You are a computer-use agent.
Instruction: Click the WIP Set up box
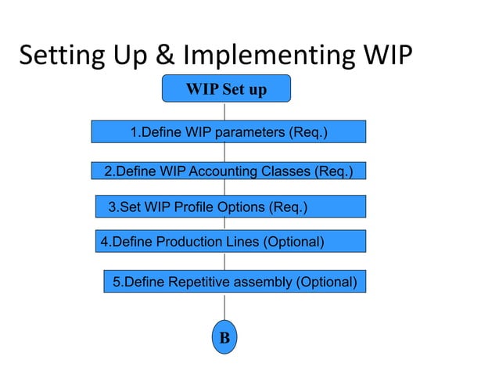click(226, 88)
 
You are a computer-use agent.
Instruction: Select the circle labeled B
click(224, 338)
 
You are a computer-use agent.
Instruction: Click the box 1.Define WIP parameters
click(228, 131)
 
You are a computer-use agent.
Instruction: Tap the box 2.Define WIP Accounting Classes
click(228, 171)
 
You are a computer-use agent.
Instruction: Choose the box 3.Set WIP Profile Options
click(231, 207)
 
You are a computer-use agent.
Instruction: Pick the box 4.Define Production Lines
click(231, 242)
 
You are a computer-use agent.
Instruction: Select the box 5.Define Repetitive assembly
click(235, 281)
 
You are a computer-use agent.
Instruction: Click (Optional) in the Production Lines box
click(293, 242)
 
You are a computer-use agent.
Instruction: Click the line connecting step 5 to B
click(224, 308)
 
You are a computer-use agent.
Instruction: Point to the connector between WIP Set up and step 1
click(225, 111)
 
